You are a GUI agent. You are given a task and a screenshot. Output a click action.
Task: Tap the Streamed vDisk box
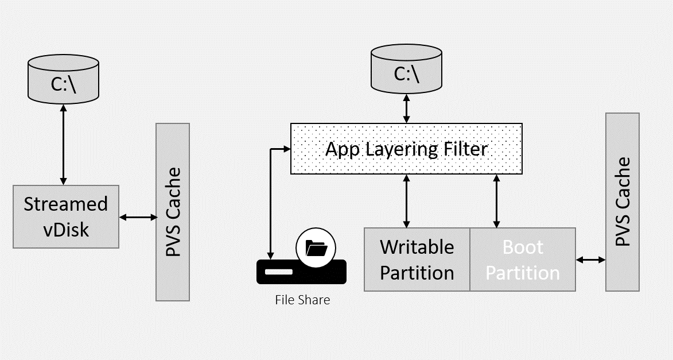tap(65, 216)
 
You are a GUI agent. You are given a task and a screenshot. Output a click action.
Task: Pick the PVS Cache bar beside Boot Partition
tap(623, 202)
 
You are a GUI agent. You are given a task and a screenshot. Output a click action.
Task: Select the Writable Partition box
tap(417, 260)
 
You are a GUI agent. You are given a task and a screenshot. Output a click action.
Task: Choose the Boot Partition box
tap(523, 260)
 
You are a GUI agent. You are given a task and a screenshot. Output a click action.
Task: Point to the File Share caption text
tap(302, 299)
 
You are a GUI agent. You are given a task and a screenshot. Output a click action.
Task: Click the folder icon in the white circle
tap(316, 249)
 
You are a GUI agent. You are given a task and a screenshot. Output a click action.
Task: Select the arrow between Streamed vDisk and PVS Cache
tap(138, 217)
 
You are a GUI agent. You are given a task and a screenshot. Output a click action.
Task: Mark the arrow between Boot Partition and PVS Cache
tap(590, 260)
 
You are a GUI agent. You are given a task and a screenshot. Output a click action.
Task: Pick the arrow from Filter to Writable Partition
tap(407, 200)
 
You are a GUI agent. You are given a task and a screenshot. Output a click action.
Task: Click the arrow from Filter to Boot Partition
tap(497, 200)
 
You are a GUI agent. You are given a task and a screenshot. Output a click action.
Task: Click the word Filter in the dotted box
tap(461, 149)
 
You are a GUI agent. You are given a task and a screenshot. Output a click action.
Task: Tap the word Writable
tap(417, 247)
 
